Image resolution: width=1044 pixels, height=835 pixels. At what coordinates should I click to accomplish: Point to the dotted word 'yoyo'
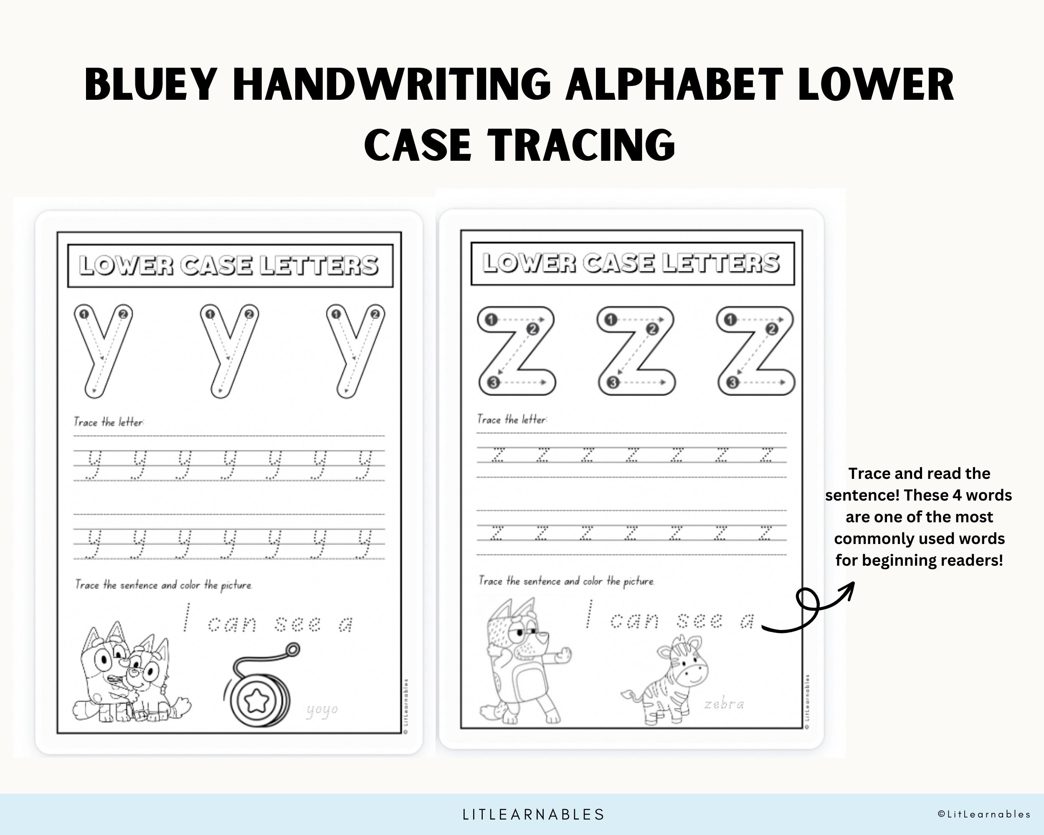click(x=322, y=711)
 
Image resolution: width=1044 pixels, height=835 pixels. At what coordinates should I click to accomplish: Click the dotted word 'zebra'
click(x=724, y=704)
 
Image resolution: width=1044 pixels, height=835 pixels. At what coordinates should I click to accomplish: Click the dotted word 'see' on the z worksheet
click(x=700, y=620)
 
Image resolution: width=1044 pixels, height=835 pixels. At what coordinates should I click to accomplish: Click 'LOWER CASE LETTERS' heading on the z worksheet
click(x=631, y=263)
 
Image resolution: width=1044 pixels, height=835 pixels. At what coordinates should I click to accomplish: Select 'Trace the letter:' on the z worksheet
click(x=512, y=419)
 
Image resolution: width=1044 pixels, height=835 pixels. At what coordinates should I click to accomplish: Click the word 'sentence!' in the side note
click(x=862, y=495)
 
